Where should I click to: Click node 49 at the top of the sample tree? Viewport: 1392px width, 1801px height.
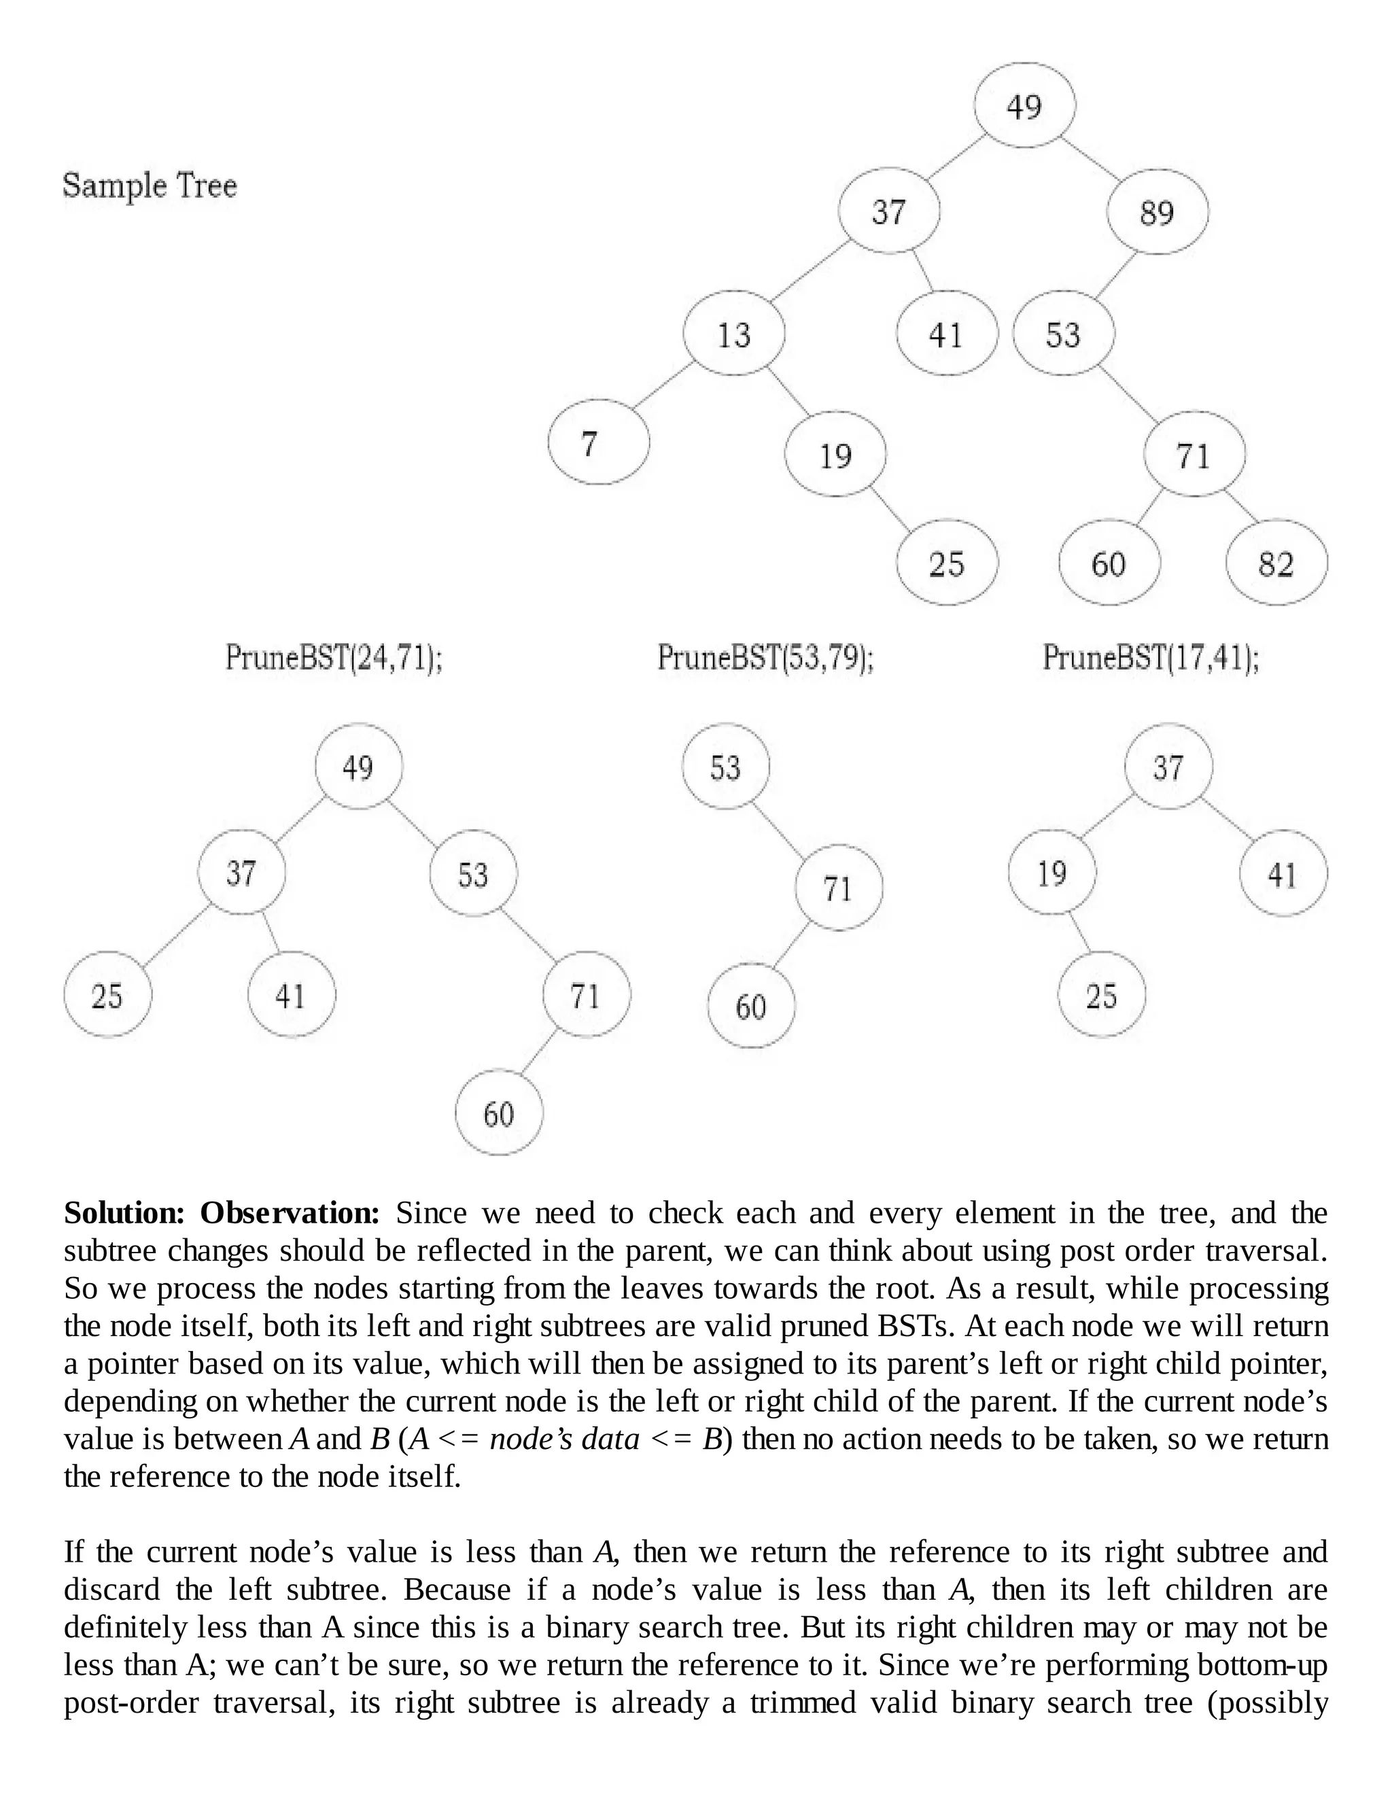[x=1024, y=105]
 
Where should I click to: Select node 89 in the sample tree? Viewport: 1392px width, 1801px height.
[x=1157, y=212]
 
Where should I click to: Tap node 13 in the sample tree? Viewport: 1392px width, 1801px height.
[x=733, y=334]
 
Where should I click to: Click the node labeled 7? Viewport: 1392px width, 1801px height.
[x=598, y=444]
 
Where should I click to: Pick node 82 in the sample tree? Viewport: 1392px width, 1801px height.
[x=1276, y=563]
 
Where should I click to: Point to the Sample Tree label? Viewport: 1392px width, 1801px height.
[x=150, y=186]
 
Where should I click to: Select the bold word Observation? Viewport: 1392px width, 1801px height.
[x=290, y=1213]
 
